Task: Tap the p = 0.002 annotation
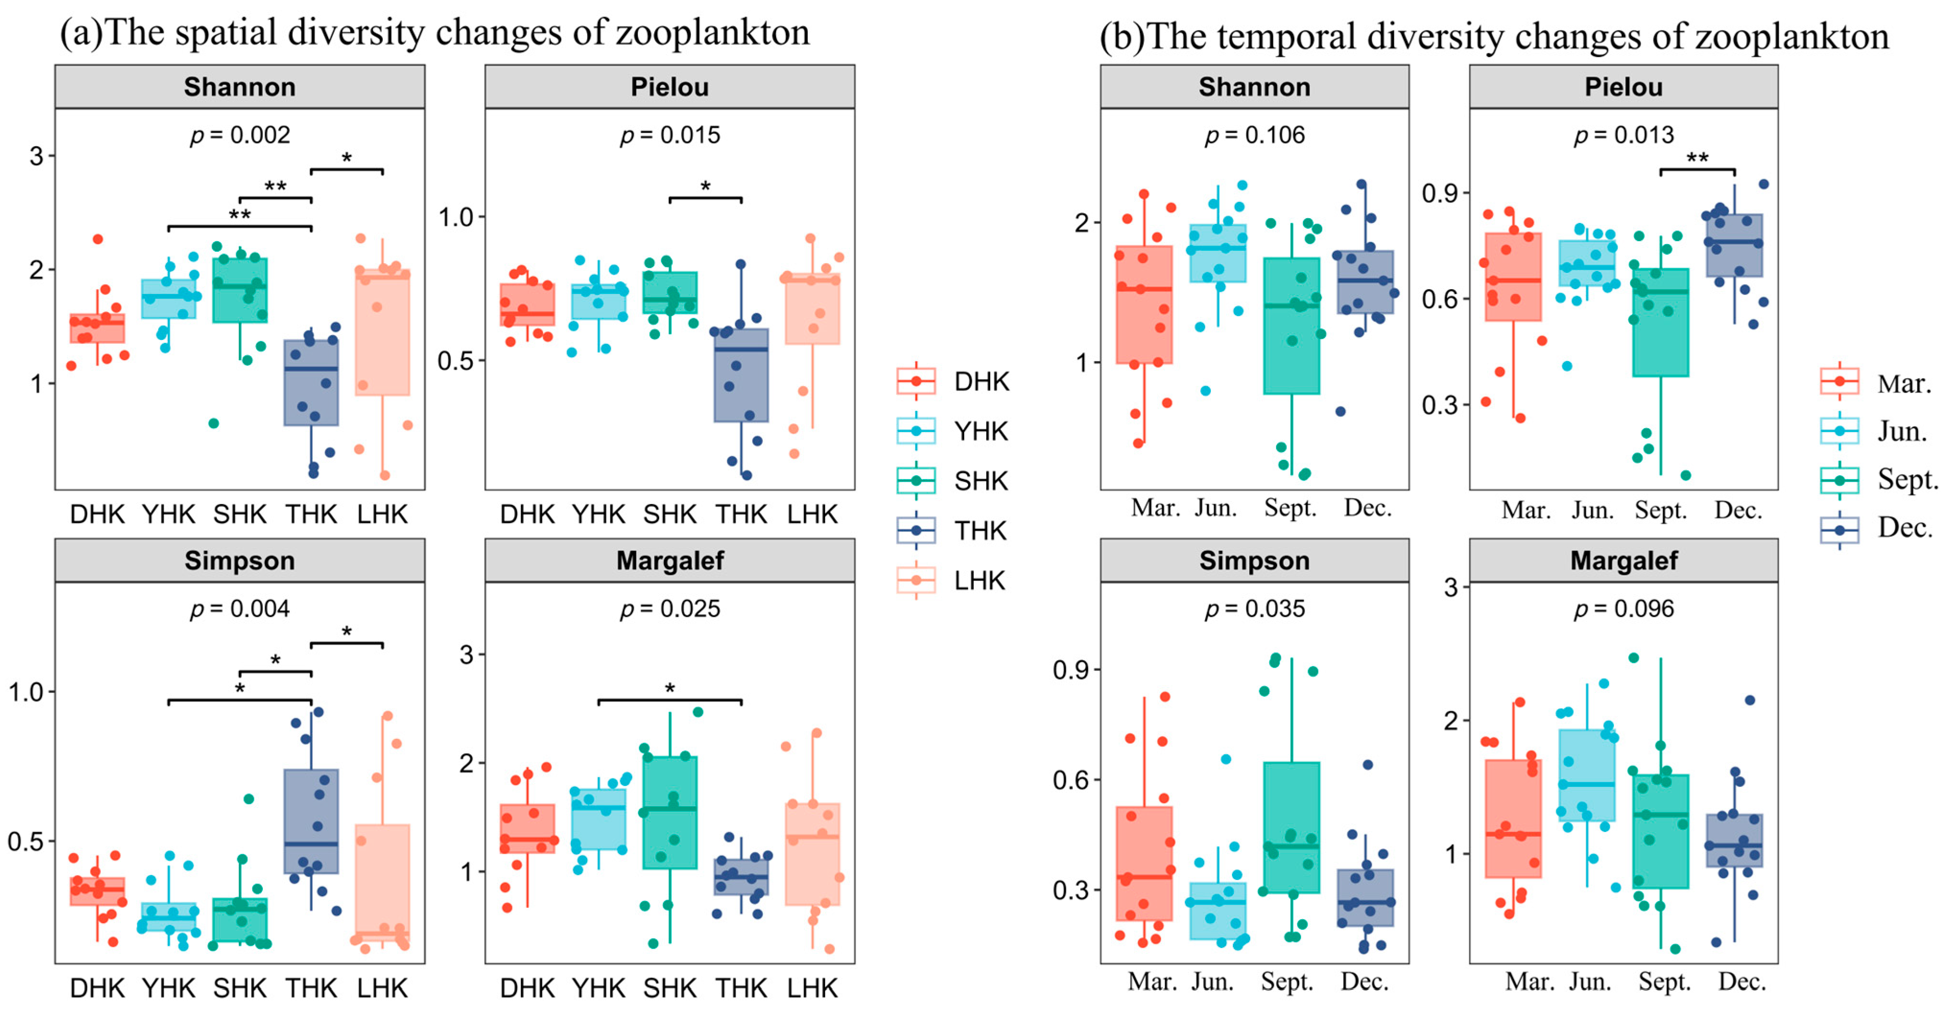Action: pyautogui.click(x=239, y=135)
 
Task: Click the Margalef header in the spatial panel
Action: pyautogui.click(x=670, y=561)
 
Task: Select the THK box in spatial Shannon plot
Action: pyautogui.click(x=311, y=383)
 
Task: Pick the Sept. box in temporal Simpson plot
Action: pyautogui.click(x=1291, y=828)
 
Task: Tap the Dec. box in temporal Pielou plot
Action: pyautogui.click(x=1734, y=245)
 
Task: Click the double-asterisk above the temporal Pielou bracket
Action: pyautogui.click(x=1697, y=157)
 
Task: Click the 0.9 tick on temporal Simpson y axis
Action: pyautogui.click(x=1070, y=669)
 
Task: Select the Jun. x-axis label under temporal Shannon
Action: pyautogui.click(x=1216, y=507)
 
